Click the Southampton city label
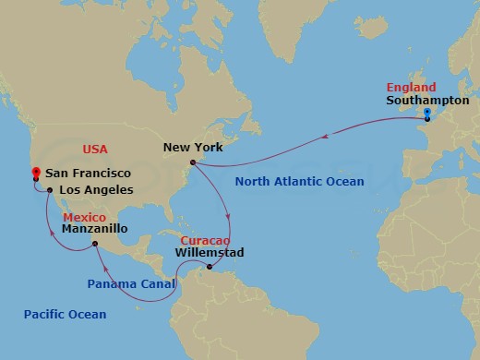(x=427, y=101)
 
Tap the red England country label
(x=411, y=88)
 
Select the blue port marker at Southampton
(x=427, y=114)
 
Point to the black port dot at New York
(x=192, y=162)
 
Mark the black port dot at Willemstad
(x=210, y=268)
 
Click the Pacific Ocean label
(x=65, y=315)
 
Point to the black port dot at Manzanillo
(x=95, y=244)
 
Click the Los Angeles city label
(x=96, y=190)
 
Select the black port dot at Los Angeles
(x=48, y=191)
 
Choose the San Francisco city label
(x=88, y=173)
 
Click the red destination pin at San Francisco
(x=34, y=172)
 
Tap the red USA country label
(x=96, y=148)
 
